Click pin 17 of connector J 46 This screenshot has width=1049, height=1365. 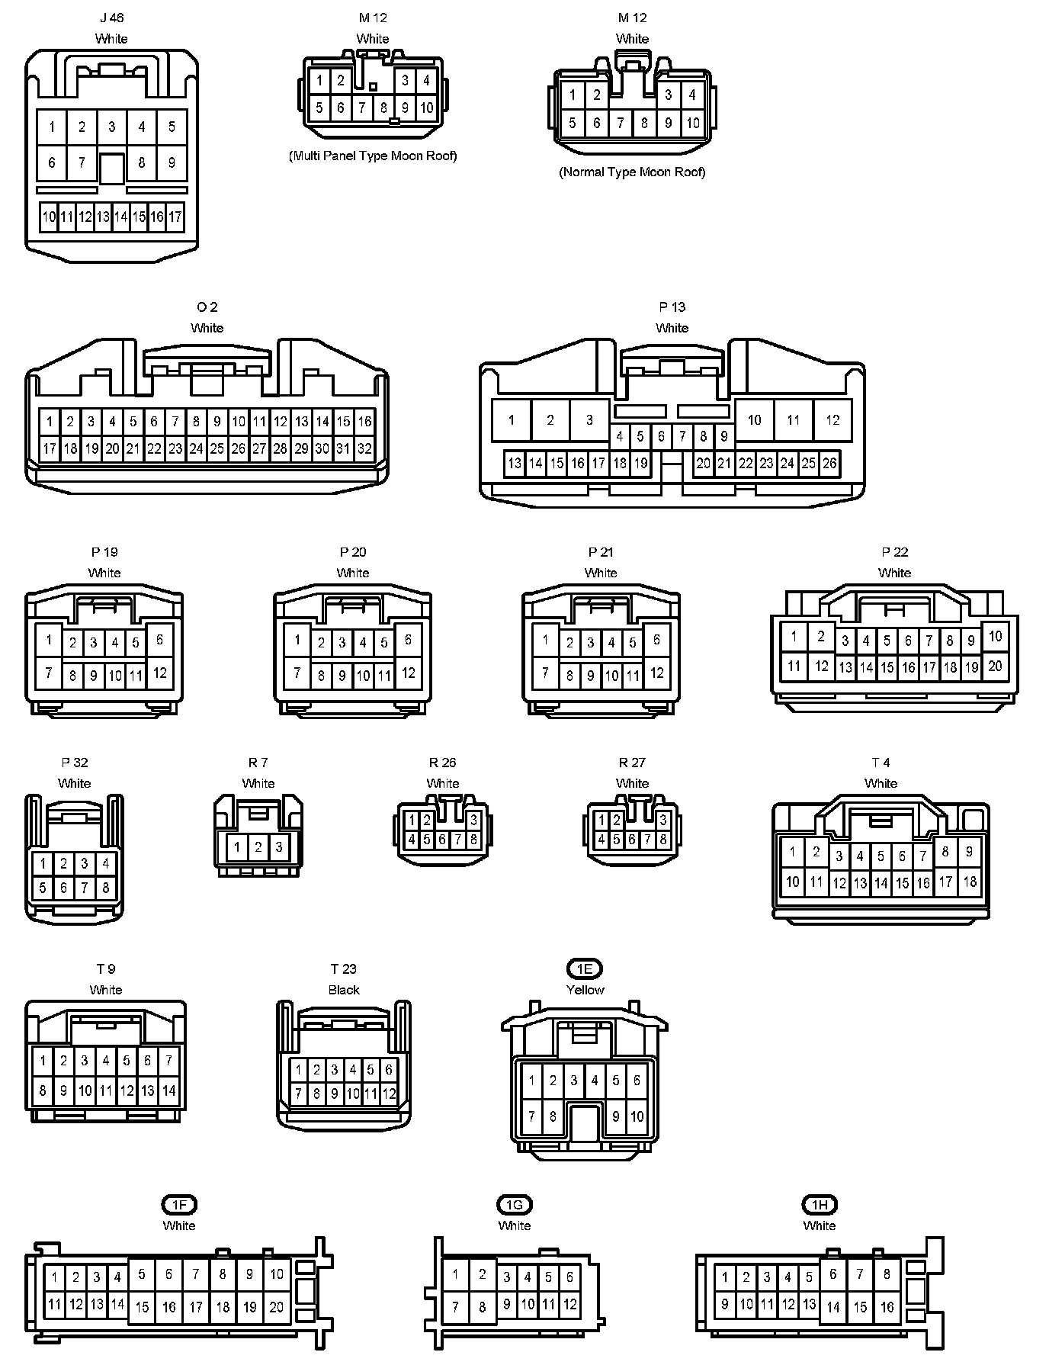click(175, 217)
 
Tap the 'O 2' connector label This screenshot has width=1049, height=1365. click(207, 307)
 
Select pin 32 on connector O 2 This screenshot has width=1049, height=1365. click(364, 448)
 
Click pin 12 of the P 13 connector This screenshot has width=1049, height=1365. click(832, 420)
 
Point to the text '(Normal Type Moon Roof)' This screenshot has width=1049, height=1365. click(632, 172)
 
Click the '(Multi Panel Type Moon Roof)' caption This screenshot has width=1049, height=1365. click(373, 156)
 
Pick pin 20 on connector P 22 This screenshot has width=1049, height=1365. click(995, 666)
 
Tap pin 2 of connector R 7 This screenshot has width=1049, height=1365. click(258, 847)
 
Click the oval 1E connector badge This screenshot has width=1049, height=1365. click(585, 968)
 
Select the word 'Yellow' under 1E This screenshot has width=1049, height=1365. click(585, 990)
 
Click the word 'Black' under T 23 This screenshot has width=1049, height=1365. click(344, 990)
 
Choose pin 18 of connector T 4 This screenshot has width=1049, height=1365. click(970, 882)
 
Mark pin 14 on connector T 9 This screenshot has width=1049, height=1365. click(168, 1091)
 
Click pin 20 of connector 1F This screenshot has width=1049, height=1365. click(276, 1307)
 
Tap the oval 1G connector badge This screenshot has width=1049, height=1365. click(515, 1205)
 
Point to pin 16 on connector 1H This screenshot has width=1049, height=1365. click(887, 1307)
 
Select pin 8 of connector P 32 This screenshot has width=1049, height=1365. click(105, 888)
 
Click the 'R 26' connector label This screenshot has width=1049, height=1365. click(443, 763)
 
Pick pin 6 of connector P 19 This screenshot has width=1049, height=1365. click(159, 639)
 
